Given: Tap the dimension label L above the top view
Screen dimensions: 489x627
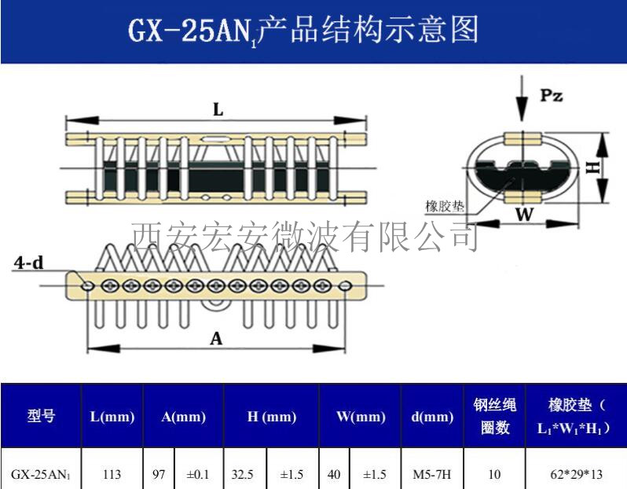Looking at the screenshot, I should (218, 111).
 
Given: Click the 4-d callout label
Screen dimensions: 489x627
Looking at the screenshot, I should (28, 264).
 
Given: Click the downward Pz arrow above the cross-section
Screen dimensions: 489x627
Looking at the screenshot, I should (521, 98).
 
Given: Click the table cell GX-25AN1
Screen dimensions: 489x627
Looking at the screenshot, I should (40, 474).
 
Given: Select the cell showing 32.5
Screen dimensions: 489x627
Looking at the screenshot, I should (244, 474).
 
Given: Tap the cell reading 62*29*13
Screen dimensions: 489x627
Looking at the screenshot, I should (576, 474).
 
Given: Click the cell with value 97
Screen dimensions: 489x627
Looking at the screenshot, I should (158, 474).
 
